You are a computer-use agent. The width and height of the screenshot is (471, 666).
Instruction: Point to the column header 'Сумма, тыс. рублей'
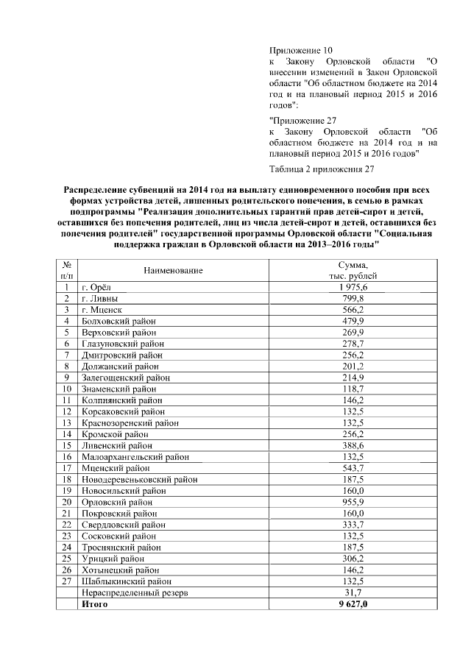coord(353,270)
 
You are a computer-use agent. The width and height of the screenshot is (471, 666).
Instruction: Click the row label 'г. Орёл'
coord(99,287)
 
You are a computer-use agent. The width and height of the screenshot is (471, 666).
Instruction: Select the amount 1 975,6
coord(353,287)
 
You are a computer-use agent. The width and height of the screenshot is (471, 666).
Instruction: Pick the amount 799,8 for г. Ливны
coord(353,299)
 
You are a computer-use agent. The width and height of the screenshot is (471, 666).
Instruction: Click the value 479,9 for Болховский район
coord(353,321)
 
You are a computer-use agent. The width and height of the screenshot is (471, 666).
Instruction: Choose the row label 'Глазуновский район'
coord(123,344)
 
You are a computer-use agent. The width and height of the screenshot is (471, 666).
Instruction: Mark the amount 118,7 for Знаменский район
coord(353,389)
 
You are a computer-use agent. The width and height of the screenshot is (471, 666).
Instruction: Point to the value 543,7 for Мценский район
coord(353,467)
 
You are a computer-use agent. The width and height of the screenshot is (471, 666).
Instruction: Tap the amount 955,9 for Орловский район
coord(353,501)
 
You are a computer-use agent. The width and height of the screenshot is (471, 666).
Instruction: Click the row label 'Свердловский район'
coord(123,524)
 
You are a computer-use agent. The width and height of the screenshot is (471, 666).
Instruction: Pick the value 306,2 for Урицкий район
coord(353,558)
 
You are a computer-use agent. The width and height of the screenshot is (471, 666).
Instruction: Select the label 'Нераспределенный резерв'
coord(136,592)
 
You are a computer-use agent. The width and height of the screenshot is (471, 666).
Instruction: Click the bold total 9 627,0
coord(353,603)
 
